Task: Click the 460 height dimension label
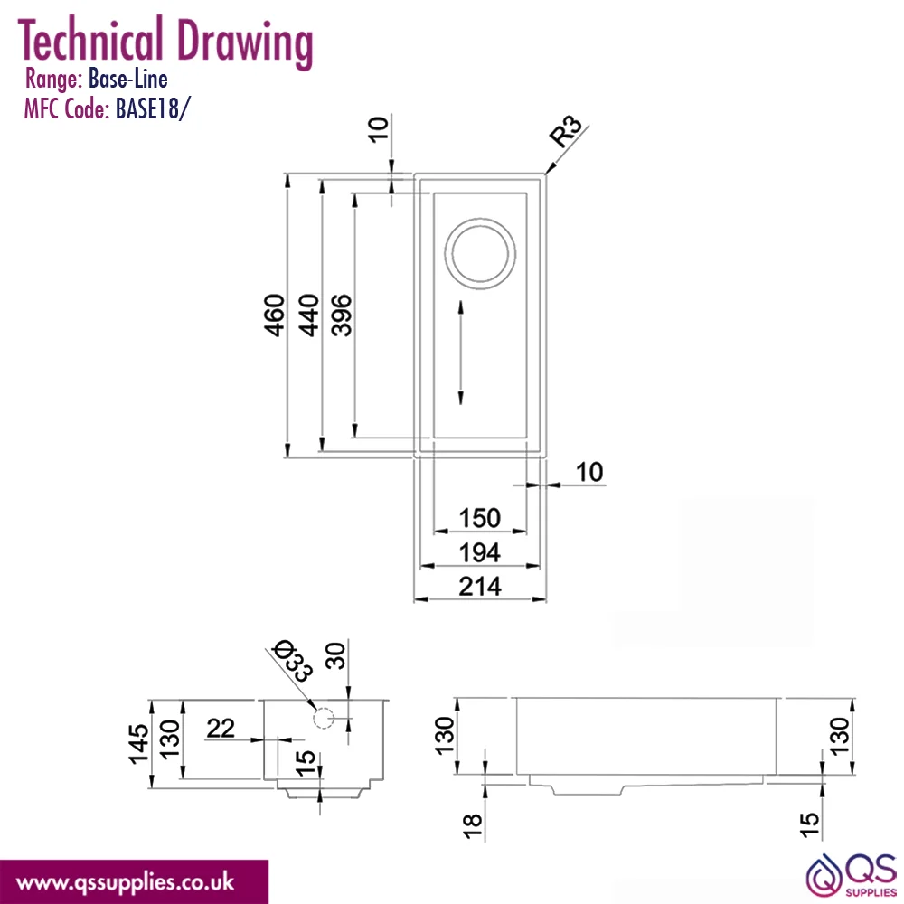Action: [275, 315]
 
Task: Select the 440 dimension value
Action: [308, 315]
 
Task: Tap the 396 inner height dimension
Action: [342, 315]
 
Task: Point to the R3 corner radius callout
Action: [565, 131]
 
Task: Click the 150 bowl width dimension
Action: [480, 518]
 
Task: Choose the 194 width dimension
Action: [480, 553]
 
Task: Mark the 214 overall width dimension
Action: [480, 587]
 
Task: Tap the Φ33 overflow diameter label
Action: [294, 660]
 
